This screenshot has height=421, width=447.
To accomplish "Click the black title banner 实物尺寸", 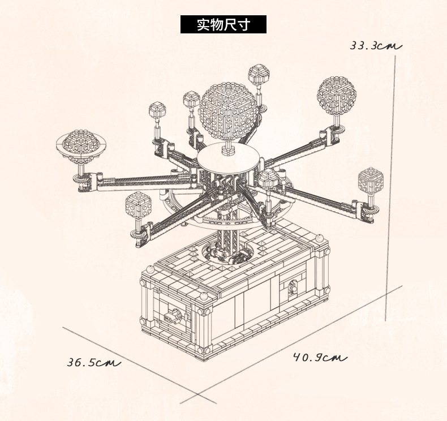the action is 223,24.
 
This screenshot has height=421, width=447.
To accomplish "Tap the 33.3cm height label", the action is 376,46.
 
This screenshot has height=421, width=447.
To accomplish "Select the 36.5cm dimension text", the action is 94,362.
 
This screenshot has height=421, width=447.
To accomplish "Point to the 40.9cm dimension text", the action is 320,358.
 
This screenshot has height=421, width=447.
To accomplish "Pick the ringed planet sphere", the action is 81,146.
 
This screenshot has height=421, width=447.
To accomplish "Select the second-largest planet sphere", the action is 337,96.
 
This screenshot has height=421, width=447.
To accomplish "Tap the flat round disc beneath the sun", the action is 228,158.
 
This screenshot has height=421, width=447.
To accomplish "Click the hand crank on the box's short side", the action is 173,316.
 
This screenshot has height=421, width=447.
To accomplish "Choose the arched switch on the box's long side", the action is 293,289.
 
